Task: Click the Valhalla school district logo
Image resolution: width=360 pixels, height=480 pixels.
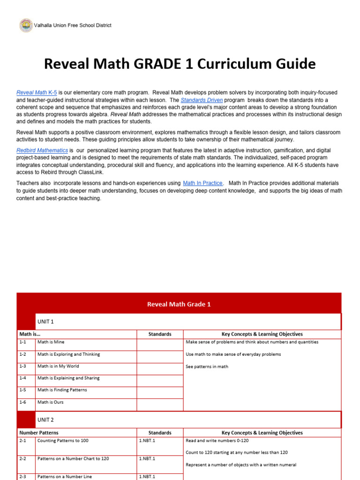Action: click(x=26, y=25)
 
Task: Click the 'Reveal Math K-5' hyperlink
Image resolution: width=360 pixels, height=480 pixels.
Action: click(x=37, y=93)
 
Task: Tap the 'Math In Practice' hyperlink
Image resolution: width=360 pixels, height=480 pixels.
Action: click(x=203, y=183)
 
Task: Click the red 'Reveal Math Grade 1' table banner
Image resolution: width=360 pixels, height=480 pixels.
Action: click(x=179, y=304)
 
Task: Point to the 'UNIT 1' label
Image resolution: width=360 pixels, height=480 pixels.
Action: click(x=45, y=322)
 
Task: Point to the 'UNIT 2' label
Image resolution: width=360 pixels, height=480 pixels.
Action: click(x=45, y=420)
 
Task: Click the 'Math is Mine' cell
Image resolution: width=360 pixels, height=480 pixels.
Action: click(x=51, y=342)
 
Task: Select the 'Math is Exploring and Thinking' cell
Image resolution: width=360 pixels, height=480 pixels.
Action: click(x=68, y=354)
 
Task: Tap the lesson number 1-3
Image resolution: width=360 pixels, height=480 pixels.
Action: click(x=23, y=366)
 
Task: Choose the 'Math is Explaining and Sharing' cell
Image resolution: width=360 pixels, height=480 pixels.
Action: click(x=68, y=378)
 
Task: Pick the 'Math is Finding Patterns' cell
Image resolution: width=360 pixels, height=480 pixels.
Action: click(x=62, y=390)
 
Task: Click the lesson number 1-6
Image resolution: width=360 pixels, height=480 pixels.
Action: click(x=23, y=402)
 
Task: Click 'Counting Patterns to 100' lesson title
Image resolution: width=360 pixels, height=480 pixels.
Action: click(x=63, y=441)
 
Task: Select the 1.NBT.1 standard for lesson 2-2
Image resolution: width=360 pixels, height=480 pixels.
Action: click(x=147, y=458)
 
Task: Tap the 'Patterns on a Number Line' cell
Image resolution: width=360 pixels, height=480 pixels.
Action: click(x=65, y=476)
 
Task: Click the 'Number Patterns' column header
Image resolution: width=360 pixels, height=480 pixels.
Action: click(x=38, y=433)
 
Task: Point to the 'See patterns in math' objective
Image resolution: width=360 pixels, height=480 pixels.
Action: click(x=207, y=367)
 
